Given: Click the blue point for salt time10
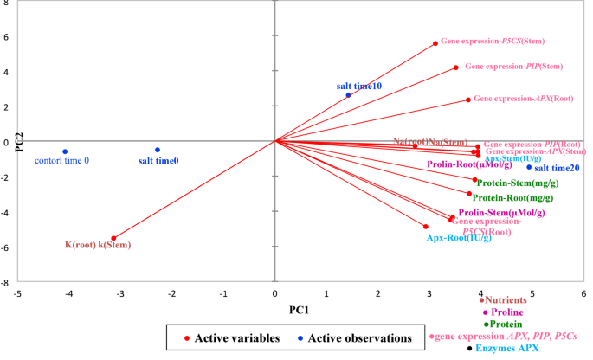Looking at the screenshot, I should pyautogui.click(x=349, y=95).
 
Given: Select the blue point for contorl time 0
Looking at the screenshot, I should pyautogui.click(x=65, y=152).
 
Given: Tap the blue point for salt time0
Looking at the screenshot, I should pyautogui.click(x=158, y=150).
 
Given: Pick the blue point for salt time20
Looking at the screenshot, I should pyautogui.click(x=529, y=167).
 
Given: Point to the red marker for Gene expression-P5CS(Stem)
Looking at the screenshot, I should pyautogui.click(x=435, y=43).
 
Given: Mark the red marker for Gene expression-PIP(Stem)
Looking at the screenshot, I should pyautogui.click(x=456, y=67).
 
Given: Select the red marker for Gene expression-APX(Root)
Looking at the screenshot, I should pyautogui.click(x=468, y=100).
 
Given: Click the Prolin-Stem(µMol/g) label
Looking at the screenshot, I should pyautogui.click(x=501, y=213).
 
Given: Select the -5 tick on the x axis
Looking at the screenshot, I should pyautogui.click(x=17, y=294).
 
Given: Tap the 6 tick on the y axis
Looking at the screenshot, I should pyautogui.click(x=7, y=37).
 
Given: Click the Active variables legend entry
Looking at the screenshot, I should pyautogui.click(x=227, y=338).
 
